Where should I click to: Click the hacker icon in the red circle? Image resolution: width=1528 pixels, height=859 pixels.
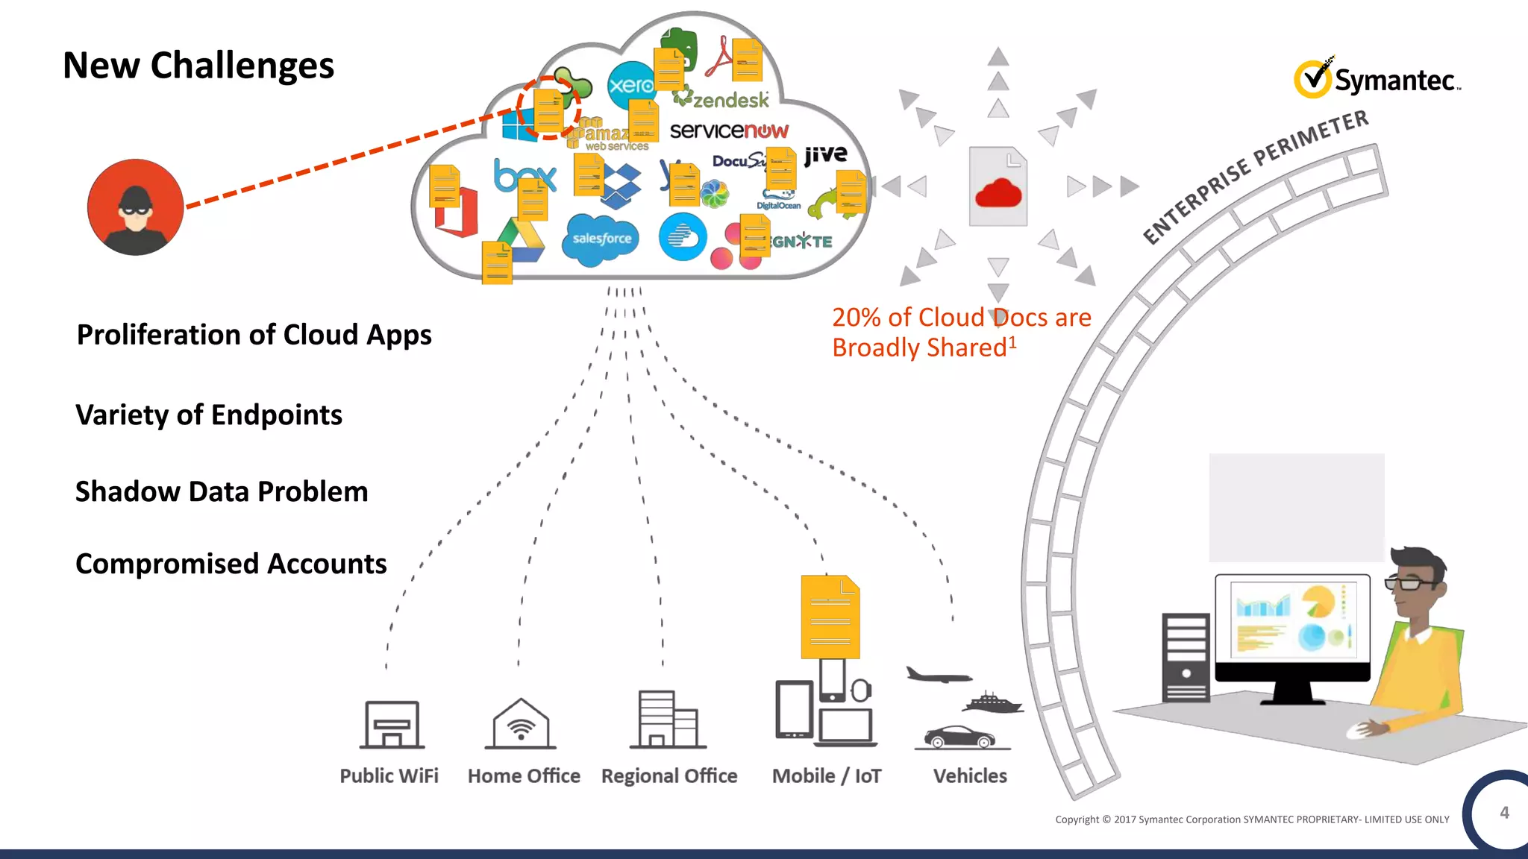coord(135,207)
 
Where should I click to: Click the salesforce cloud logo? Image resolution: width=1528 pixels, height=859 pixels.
coord(601,239)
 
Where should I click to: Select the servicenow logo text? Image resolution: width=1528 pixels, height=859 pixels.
coord(729,130)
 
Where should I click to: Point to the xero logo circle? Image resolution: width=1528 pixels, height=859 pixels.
coord(630,85)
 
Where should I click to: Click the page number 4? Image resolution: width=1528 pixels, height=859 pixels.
coord(1504,813)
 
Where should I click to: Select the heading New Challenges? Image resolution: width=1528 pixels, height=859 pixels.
coord(198,66)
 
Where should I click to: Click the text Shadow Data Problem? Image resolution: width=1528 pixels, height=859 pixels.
coord(222,492)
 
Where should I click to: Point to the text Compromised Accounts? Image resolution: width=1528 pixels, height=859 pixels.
coord(231,564)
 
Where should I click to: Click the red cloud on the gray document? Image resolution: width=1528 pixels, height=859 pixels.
coord(998,193)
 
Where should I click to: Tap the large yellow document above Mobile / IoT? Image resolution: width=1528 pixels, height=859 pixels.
coord(830,617)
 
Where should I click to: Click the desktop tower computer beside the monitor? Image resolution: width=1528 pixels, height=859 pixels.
coord(1186,658)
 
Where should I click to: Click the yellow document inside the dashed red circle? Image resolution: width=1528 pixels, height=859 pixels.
coord(548,110)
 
